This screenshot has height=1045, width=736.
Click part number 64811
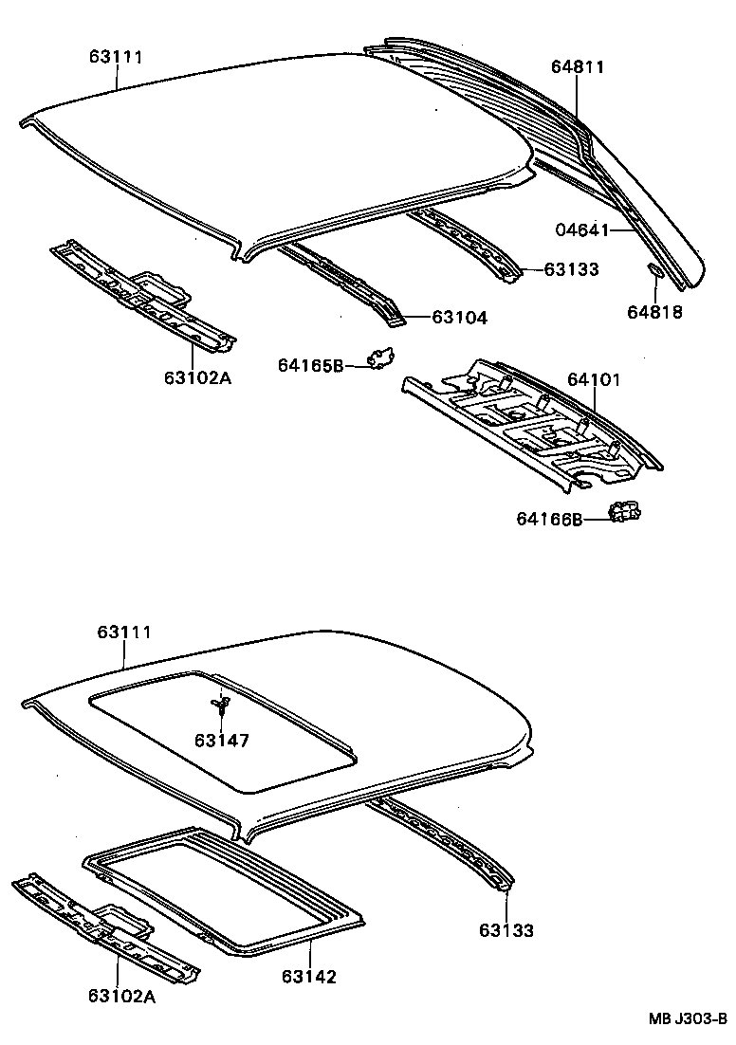click(x=578, y=67)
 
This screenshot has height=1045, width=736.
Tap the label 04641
click(x=580, y=229)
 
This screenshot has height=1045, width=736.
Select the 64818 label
click(x=654, y=311)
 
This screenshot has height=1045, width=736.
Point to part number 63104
click(x=459, y=319)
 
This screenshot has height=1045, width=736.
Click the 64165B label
click(x=311, y=365)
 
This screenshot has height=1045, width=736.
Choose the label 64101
click(x=594, y=380)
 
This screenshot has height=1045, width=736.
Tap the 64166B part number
click(x=549, y=519)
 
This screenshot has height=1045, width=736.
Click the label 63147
click(x=222, y=740)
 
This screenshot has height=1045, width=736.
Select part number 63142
click(x=308, y=977)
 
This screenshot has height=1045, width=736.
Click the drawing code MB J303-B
click(x=687, y=1019)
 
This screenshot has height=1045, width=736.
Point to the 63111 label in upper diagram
click(x=116, y=57)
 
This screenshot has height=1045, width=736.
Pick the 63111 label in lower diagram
click(x=124, y=632)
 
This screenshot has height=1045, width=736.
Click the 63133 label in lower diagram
click(x=506, y=930)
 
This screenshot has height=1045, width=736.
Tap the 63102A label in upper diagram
click(x=197, y=377)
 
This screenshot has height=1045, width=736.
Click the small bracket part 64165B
click(x=381, y=357)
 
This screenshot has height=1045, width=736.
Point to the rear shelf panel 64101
click(x=531, y=422)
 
